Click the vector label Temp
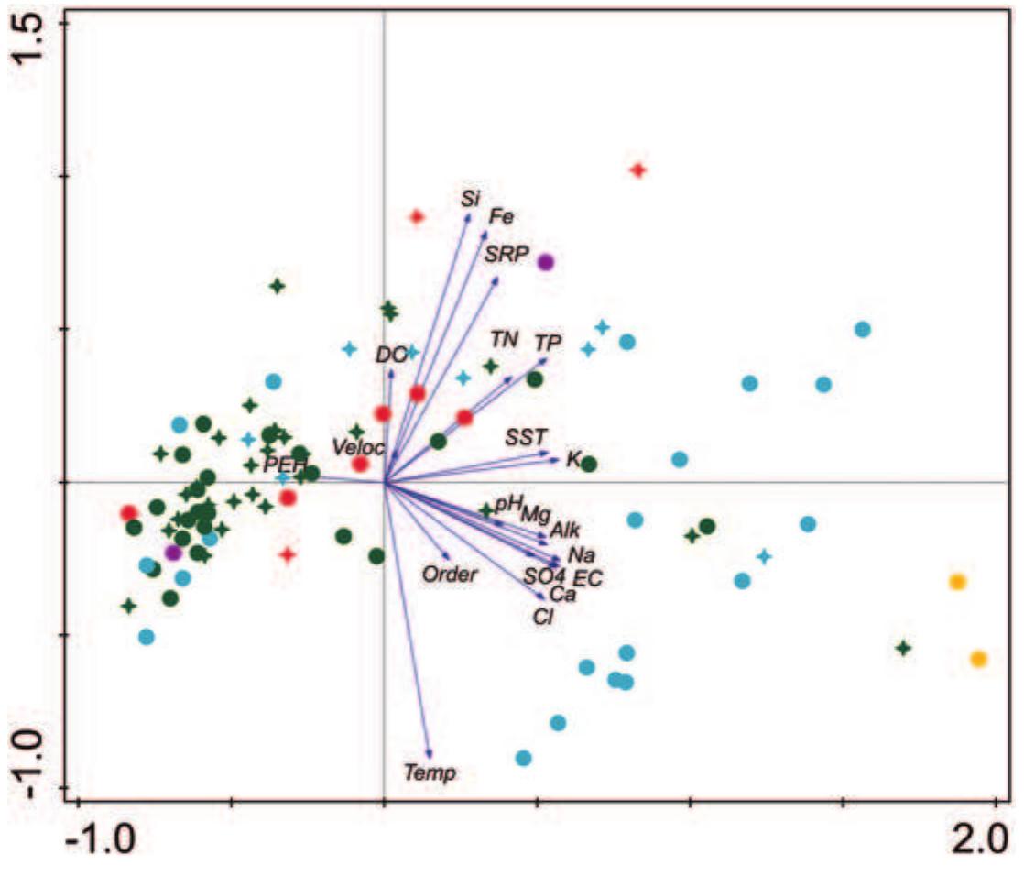pyautogui.click(x=430, y=773)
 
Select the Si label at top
pyautogui.click(x=470, y=197)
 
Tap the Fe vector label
pyautogui.click(x=501, y=217)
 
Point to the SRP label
pyautogui.click(x=507, y=255)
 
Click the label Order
pyautogui.click(x=450, y=575)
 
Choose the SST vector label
pyautogui.click(x=526, y=438)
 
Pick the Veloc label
pyautogui.click(x=358, y=447)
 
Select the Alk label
pyautogui.click(x=565, y=530)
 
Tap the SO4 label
pyautogui.click(x=544, y=575)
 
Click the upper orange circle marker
pyautogui.click(x=957, y=582)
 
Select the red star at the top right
pyautogui.click(x=638, y=170)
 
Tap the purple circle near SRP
pyautogui.click(x=546, y=262)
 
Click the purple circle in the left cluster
pyautogui.click(x=173, y=553)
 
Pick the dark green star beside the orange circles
pyautogui.click(x=903, y=648)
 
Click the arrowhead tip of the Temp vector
pyautogui.click(x=430, y=757)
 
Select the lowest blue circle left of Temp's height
pyautogui.click(x=523, y=758)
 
